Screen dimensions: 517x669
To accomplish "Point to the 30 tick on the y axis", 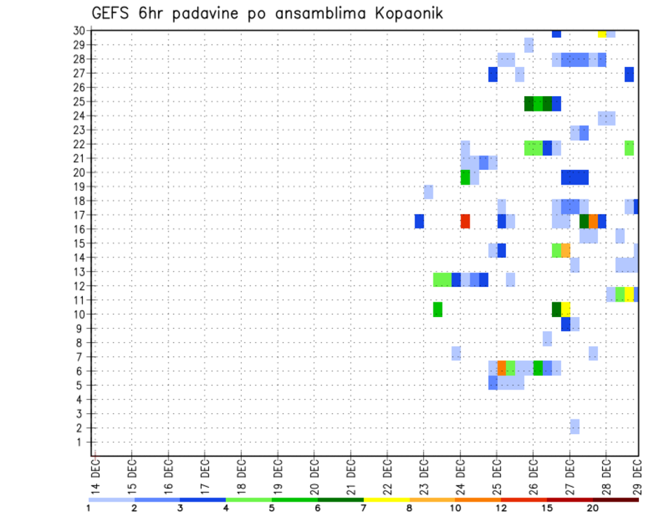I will [79, 31].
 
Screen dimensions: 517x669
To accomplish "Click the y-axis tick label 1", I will [82, 442].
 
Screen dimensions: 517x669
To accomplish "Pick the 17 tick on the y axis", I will [79, 215].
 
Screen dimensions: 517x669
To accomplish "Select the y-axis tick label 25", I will [79, 101].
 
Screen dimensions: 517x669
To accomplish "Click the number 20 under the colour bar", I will [593, 508].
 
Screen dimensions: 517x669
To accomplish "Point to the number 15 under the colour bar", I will [546, 508].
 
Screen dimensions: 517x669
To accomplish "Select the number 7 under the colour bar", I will [364, 508].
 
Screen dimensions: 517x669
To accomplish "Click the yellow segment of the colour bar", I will [387, 500].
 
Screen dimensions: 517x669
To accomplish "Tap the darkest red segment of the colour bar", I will [616, 500].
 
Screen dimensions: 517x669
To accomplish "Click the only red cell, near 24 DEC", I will [465, 221].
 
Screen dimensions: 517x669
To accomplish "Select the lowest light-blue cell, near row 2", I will [574, 426].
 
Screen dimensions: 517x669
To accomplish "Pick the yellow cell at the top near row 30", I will [601, 33].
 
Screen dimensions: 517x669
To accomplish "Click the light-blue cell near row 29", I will [529, 45].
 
